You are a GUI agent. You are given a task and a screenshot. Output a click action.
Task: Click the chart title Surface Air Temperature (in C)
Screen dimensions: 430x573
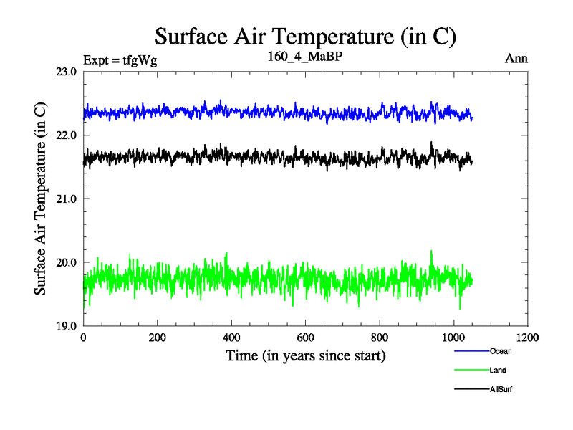point(306,36)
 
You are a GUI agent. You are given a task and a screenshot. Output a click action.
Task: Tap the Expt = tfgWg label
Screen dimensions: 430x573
point(120,60)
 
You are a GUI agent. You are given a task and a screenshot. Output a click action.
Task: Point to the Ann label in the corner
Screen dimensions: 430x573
point(516,59)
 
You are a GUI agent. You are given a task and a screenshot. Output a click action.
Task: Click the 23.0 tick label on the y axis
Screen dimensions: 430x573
point(67,72)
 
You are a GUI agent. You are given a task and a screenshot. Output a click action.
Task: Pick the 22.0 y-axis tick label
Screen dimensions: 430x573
point(67,135)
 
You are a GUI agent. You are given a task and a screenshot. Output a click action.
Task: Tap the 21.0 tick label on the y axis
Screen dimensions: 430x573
point(67,199)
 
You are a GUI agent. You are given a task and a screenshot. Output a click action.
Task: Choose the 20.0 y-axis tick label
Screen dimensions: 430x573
point(67,262)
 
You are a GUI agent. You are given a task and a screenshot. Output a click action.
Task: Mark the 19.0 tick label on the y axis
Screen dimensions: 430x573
point(67,325)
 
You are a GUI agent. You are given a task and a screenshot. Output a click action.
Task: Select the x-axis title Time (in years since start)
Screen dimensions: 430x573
point(306,355)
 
